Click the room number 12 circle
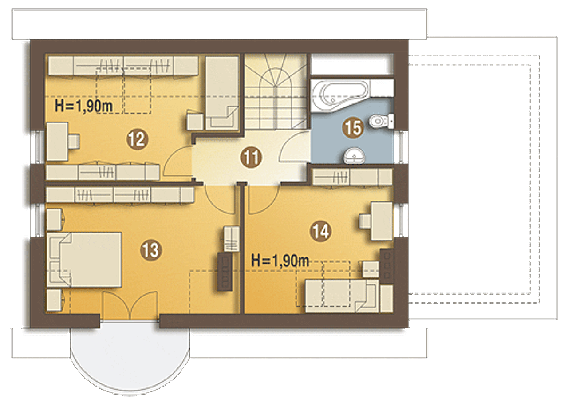(x=137, y=139)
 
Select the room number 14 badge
(x=320, y=231)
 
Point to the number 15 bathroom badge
(x=353, y=127)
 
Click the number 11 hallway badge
(x=251, y=157)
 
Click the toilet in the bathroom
(x=381, y=121)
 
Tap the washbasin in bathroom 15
(x=354, y=155)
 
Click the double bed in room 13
(x=84, y=260)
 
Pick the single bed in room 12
(x=222, y=93)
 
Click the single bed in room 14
(x=342, y=296)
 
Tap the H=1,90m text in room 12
(x=84, y=106)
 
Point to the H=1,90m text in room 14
(x=280, y=261)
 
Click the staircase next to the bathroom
(x=276, y=91)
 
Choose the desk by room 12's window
(x=63, y=141)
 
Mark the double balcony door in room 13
(x=130, y=305)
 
